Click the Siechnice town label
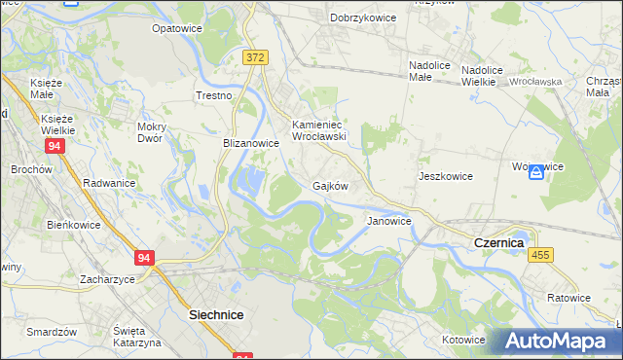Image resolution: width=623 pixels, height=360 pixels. point(215,316)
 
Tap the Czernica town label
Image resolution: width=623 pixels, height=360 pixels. point(497,243)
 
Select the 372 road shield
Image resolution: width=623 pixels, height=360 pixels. point(256,58)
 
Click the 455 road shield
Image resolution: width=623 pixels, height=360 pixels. point(541,254)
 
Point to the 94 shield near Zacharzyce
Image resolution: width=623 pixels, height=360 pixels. point(144,258)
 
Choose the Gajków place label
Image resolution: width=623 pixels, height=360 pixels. point(330,185)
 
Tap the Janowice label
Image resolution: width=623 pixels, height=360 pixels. point(389,222)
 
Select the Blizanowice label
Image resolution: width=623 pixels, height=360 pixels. point(251,142)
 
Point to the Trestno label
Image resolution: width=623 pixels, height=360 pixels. point(214,95)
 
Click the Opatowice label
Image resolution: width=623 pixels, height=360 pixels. point(175,29)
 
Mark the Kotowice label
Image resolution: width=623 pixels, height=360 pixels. point(463,340)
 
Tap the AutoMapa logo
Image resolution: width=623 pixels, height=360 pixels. point(557,342)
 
